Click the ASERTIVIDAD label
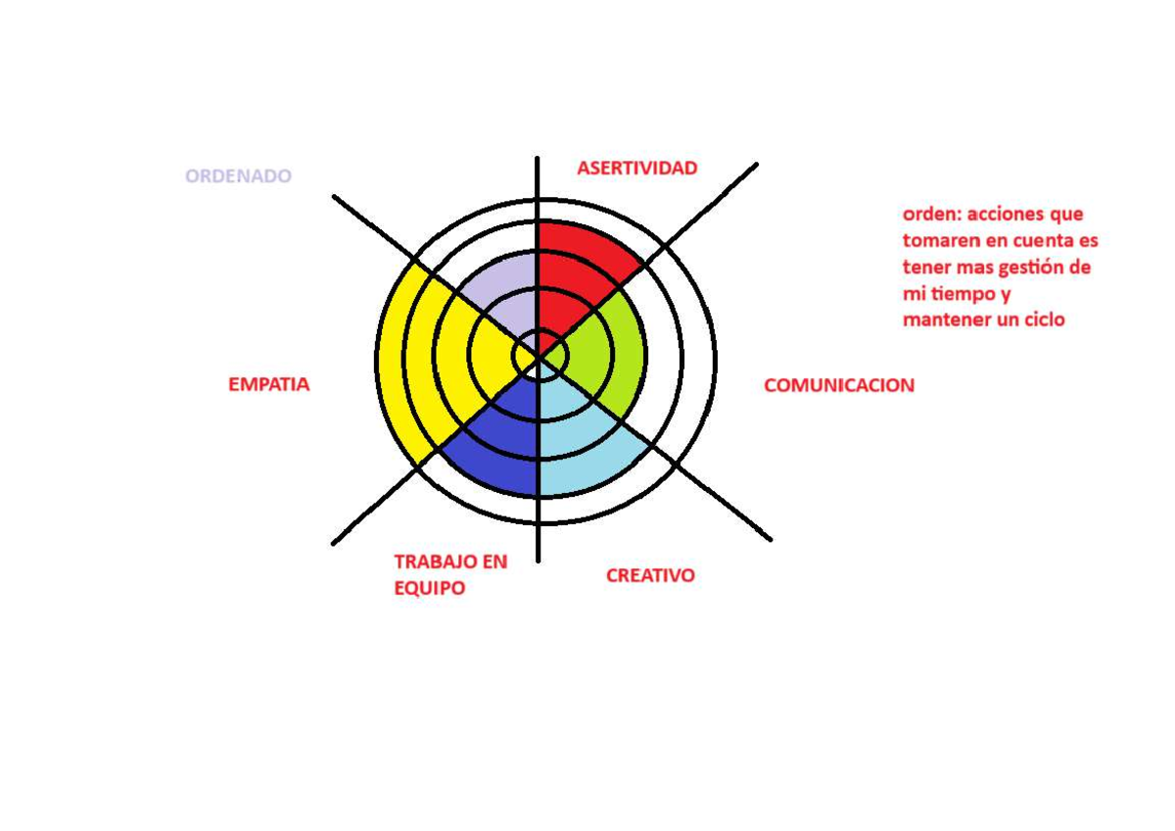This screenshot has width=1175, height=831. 636,168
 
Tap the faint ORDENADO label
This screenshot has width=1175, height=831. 238,175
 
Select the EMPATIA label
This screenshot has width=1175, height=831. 269,384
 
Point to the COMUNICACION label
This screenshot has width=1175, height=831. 839,385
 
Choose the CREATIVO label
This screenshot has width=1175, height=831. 650,576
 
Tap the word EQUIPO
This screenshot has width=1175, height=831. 430,588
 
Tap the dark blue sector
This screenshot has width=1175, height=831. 498,446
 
